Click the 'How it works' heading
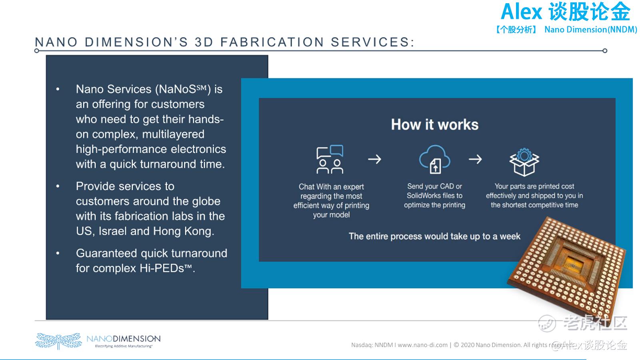pos(434,125)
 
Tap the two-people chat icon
pos(330,160)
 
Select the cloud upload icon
pos(434,159)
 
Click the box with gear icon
pos(524,162)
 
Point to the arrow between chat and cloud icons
pos(374,159)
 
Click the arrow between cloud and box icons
pos(475,159)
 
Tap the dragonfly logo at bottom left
pos(58,340)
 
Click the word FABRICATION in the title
pos(272,42)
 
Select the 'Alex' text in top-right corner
pos(521,12)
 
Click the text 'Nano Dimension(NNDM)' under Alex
pos(590,30)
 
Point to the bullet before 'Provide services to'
pos(58,186)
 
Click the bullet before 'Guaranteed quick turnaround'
pos(58,253)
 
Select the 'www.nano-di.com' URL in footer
pos(422,345)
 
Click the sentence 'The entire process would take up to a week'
pos(434,236)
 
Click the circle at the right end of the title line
pos(604,51)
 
